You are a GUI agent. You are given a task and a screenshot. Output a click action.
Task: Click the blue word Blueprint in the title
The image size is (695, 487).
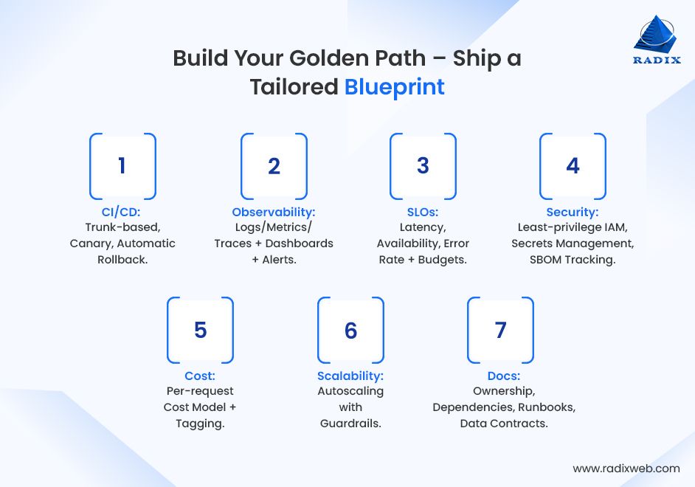click(395, 87)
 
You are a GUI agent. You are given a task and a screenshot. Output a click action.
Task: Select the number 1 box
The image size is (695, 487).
click(122, 166)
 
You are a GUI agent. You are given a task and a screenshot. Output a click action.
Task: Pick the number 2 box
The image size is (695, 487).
click(274, 166)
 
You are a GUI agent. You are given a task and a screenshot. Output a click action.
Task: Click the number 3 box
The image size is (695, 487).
click(423, 166)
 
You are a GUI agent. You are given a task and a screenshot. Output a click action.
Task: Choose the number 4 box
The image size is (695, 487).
click(573, 166)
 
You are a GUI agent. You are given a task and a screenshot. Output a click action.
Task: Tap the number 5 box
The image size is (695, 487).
click(200, 330)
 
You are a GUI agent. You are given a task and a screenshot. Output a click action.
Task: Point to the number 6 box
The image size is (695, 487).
click(350, 330)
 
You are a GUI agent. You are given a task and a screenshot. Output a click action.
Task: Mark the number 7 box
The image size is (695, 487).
click(500, 330)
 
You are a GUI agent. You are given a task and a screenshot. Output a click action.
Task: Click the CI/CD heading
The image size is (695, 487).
click(122, 213)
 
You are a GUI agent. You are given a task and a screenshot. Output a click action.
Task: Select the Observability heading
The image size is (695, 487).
click(274, 213)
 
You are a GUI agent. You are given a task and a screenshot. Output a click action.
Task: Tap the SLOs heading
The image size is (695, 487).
click(423, 213)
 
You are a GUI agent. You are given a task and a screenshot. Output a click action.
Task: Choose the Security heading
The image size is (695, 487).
click(573, 213)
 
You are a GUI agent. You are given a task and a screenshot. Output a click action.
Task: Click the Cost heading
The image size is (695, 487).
click(200, 376)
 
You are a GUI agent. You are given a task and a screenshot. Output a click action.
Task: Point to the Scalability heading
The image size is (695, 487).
click(350, 376)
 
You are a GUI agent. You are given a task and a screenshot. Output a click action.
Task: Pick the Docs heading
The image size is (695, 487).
click(503, 376)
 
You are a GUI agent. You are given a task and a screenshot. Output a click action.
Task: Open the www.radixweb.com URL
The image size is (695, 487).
click(626, 468)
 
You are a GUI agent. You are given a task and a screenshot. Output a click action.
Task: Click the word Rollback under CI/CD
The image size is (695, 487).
click(122, 260)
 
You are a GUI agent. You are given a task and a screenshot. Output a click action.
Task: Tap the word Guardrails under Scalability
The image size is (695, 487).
click(350, 424)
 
